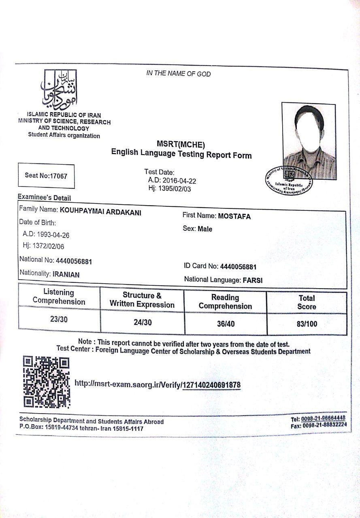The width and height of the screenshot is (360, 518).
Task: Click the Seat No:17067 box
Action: (46, 176)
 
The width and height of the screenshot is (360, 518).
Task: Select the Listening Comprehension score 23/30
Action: (59, 319)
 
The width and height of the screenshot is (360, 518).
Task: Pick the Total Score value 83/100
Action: (307, 324)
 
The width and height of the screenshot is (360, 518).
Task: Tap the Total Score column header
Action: (307, 302)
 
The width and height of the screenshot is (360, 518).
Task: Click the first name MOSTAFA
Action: (234, 216)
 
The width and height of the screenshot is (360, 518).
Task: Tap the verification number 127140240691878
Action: (212, 385)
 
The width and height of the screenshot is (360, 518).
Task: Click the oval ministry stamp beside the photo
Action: (289, 180)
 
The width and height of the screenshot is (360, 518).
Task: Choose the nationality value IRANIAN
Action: (66, 274)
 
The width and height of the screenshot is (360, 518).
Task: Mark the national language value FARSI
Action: (252, 280)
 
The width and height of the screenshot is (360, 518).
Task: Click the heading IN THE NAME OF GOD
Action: (178, 74)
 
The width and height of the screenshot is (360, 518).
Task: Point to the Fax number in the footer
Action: (319, 425)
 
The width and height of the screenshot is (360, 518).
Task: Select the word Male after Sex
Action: (205, 229)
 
